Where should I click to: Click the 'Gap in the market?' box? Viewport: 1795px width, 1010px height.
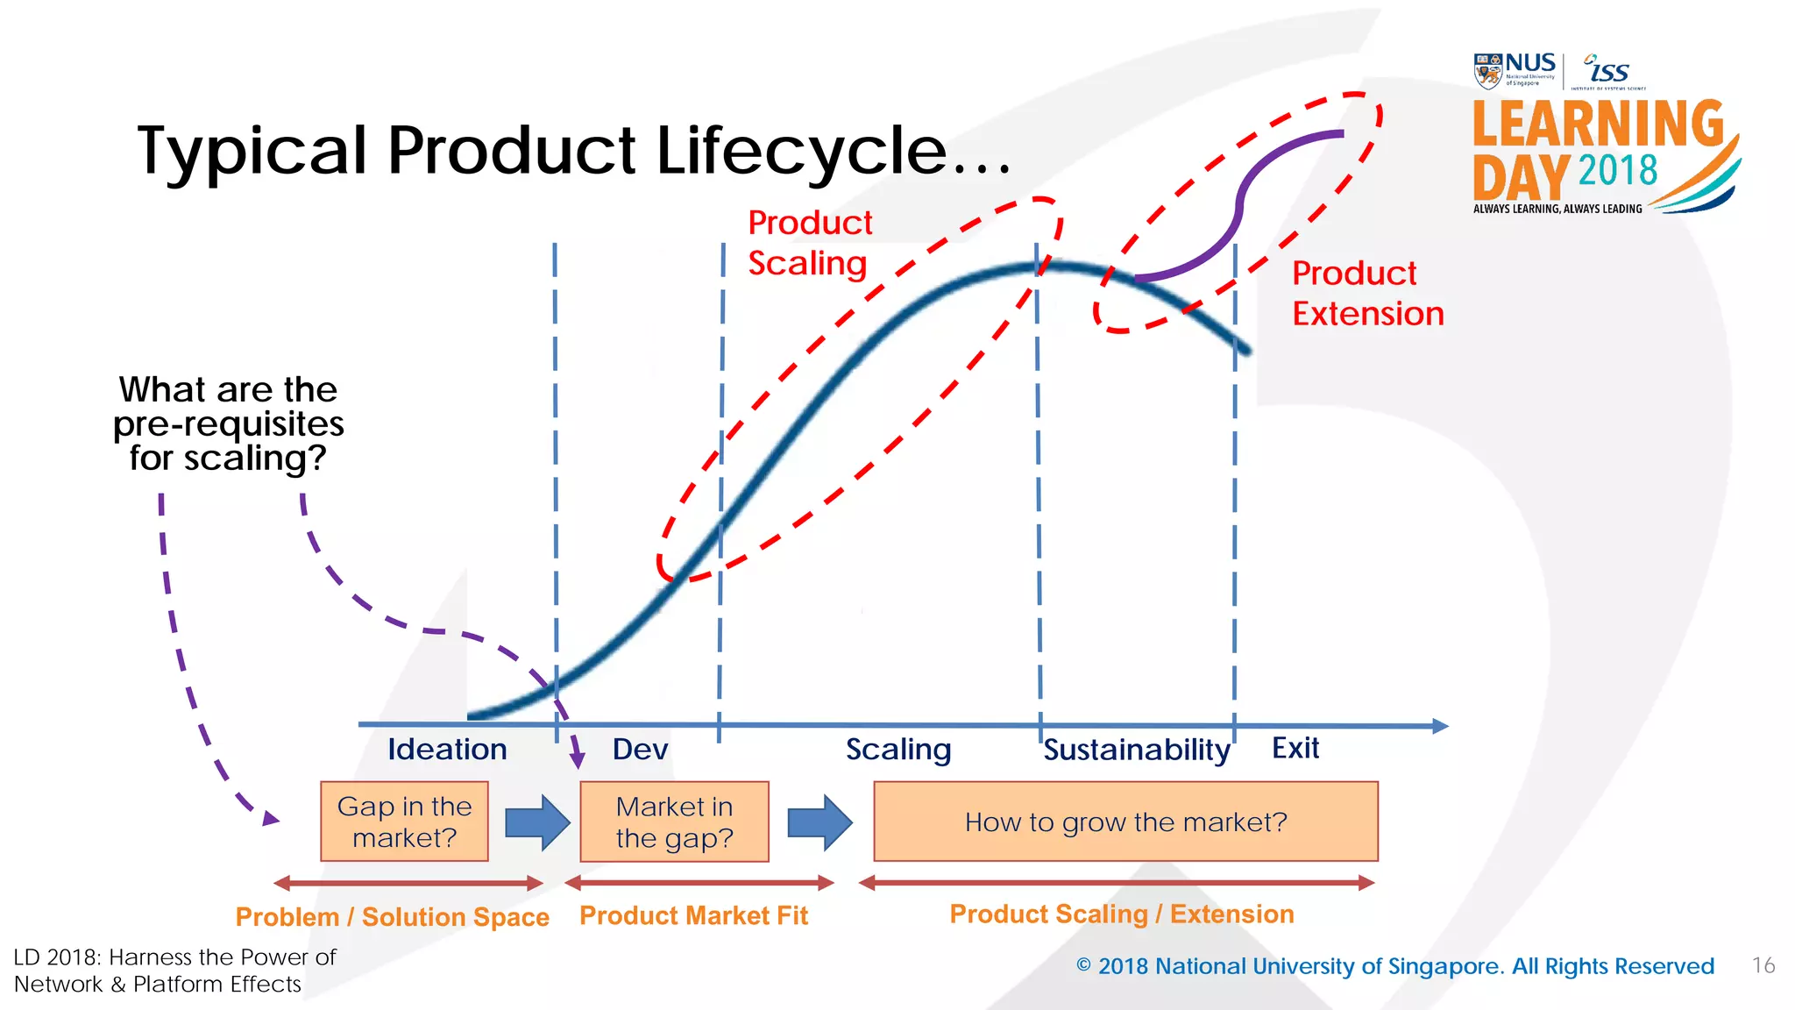(404, 822)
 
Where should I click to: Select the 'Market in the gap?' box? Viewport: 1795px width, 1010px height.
(674, 822)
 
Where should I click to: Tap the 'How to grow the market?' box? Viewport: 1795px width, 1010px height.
(1125, 822)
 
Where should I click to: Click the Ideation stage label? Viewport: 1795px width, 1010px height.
(447, 750)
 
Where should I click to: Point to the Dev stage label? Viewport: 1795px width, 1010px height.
(640, 750)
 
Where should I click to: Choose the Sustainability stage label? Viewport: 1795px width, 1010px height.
(1136, 750)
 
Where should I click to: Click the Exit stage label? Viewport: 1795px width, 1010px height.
(1295, 748)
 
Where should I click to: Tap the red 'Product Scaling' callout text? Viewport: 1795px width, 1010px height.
(809, 243)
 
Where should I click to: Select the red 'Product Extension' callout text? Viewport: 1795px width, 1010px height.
(1366, 293)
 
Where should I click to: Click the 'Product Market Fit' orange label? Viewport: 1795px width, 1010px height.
(693, 915)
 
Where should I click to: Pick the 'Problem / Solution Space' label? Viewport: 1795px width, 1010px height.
(392, 917)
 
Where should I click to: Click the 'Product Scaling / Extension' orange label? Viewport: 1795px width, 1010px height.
(1121, 914)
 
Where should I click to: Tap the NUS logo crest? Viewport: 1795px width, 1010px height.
(1487, 71)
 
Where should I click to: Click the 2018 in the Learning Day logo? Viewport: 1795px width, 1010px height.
(1617, 170)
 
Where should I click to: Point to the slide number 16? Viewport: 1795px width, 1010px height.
(1763, 965)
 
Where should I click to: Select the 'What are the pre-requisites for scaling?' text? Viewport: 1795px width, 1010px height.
(228, 423)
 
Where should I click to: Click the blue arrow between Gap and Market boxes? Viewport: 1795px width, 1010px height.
(537, 822)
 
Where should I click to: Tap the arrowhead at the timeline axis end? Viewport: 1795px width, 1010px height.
(1439, 726)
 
